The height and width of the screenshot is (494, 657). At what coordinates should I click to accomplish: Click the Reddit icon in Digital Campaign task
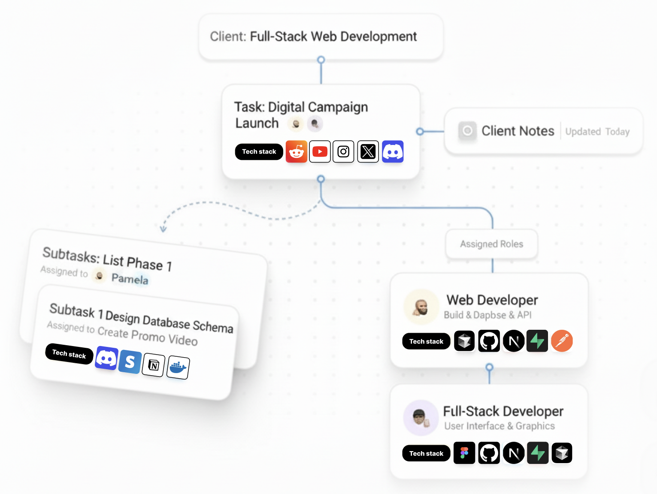click(297, 151)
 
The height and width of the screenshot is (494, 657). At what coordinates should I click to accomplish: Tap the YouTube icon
click(320, 151)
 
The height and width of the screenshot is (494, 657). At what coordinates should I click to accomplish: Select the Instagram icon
click(343, 151)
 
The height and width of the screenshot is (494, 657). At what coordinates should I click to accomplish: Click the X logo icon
click(368, 151)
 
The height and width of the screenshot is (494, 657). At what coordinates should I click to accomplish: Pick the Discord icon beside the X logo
click(393, 151)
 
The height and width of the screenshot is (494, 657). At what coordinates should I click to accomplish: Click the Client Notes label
click(518, 131)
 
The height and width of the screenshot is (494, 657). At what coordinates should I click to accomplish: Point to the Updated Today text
click(597, 132)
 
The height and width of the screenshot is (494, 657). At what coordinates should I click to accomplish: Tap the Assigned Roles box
click(492, 244)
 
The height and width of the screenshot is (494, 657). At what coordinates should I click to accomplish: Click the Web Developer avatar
click(421, 307)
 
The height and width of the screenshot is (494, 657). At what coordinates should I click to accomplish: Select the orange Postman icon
click(562, 341)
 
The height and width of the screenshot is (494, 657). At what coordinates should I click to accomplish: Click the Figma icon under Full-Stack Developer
click(464, 453)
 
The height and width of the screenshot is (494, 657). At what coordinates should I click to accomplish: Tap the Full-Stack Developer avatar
click(421, 418)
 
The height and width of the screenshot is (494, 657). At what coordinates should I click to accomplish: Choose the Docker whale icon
click(178, 367)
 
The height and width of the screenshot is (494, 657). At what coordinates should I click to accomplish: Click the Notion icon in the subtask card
click(154, 365)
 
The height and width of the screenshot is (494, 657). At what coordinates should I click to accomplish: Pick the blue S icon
click(130, 362)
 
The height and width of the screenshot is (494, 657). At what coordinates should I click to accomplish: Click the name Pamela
click(130, 279)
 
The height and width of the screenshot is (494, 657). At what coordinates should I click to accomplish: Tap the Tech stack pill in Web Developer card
click(426, 341)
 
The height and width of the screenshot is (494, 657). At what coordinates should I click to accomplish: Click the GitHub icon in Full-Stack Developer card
click(489, 453)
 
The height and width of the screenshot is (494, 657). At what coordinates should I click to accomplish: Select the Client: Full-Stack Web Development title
click(313, 36)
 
